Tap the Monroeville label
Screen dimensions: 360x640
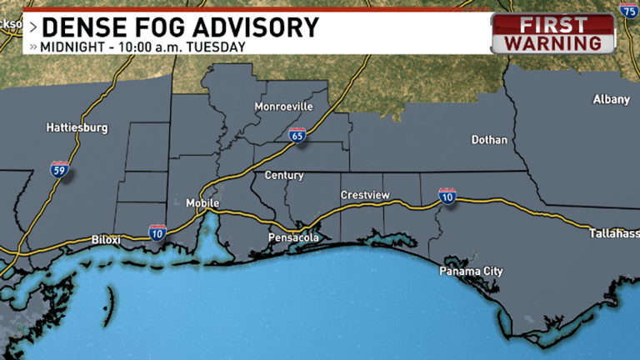283,107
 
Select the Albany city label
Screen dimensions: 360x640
611,99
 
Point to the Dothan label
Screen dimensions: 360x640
489,140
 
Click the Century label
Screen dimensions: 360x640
283,176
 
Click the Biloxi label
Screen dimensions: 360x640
106,240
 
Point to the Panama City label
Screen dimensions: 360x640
472,272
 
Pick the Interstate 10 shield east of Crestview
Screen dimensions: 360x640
447,197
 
